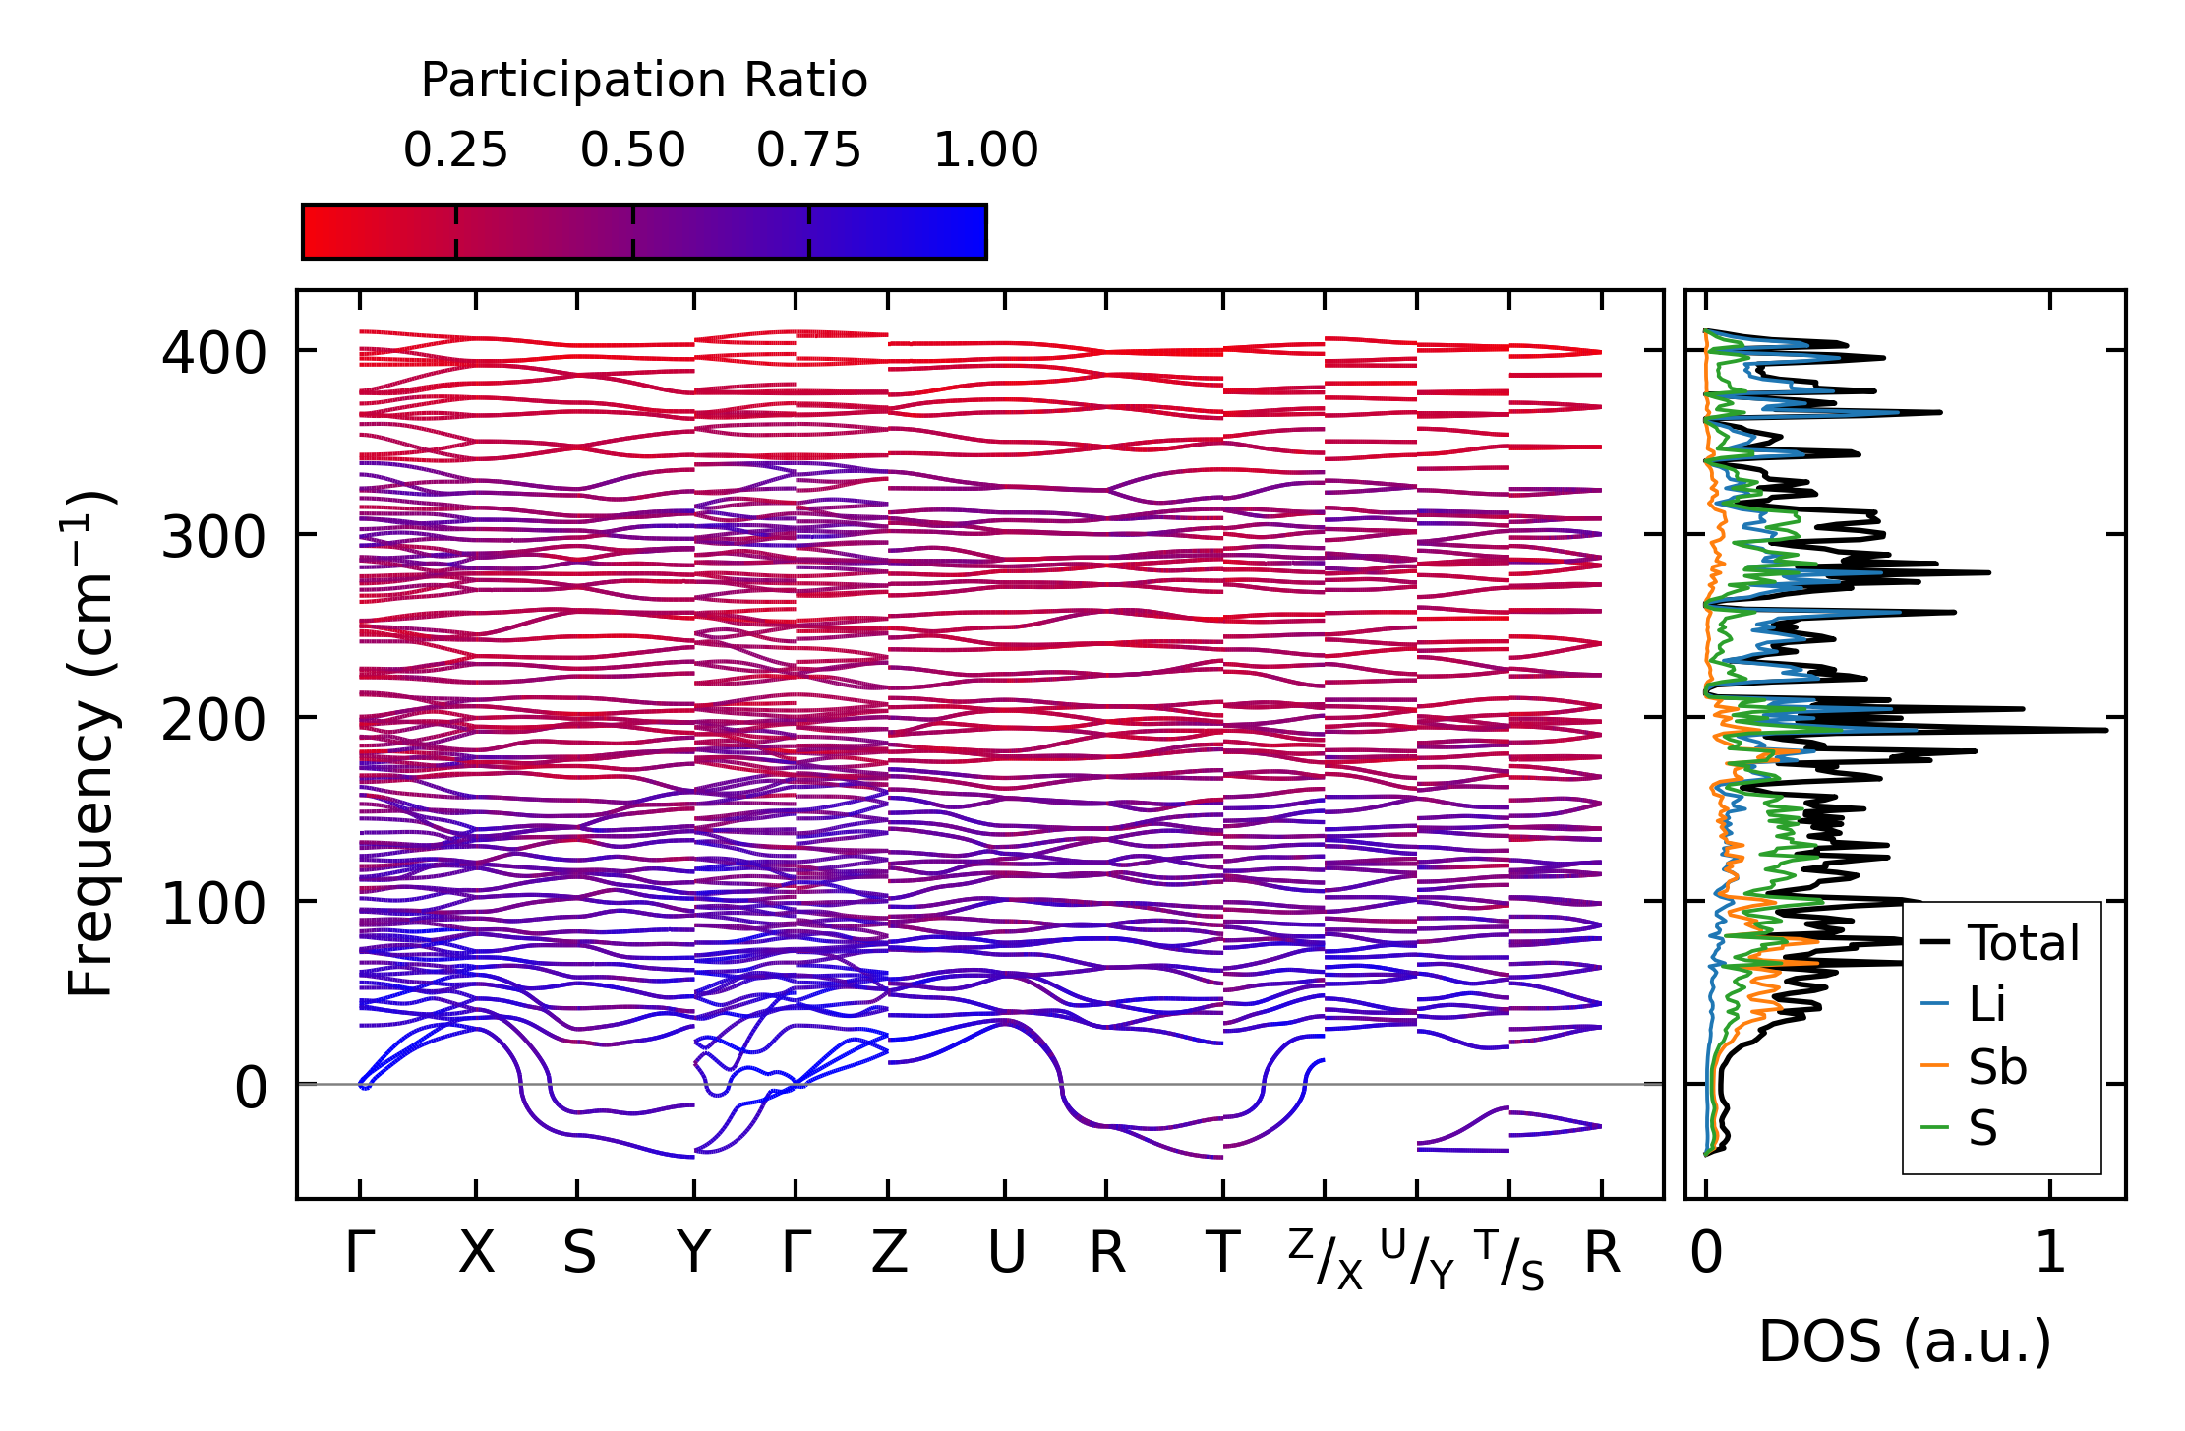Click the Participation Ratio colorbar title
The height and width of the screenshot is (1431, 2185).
coord(644,81)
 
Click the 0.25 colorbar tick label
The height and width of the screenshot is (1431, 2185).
coord(455,150)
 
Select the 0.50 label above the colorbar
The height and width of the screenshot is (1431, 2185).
coord(632,150)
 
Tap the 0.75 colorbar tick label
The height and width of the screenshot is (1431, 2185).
coord(809,150)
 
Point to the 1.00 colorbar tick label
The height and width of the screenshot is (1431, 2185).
coord(985,150)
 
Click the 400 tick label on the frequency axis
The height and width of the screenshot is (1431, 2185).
coord(213,352)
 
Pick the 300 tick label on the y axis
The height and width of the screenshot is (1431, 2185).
coord(213,536)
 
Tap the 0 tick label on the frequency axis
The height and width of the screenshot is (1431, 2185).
coord(250,1087)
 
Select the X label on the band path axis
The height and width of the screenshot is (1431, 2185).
coord(477,1253)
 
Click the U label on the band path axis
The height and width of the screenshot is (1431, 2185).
coord(1006,1253)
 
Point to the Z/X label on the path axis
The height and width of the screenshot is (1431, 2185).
coord(1326,1259)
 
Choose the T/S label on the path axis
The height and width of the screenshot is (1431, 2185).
coord(1509,1259)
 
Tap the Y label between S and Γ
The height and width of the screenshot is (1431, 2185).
coord(694,1253)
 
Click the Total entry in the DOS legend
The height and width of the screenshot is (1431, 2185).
coord(2000,942)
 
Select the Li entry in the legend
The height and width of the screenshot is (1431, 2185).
coord(1963,1004)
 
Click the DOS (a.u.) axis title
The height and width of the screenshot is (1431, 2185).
coord(1905,1342)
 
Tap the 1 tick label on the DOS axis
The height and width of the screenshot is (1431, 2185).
coord(2050,1253)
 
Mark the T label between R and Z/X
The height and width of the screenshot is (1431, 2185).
coord(1222,1253)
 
